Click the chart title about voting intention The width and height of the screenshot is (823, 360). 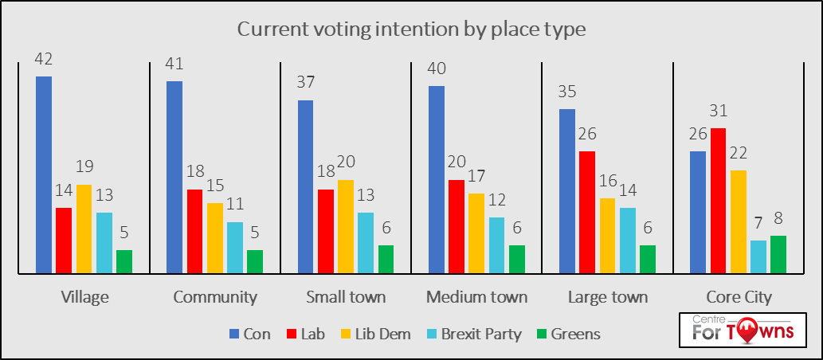pos(411,31)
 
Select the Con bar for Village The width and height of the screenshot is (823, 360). pos(44,175)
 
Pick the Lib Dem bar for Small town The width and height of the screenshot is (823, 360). pos(346,227)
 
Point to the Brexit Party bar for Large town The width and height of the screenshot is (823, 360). pos(627,241)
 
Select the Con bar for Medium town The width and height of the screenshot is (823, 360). pos(437,180)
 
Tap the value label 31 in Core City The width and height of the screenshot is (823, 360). pos(718,112)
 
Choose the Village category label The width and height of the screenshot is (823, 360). pos(84,298)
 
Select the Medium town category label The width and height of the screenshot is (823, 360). pos(476,298)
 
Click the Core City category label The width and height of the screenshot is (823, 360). pos(739,298)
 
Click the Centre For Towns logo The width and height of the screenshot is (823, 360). pos(739,330)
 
